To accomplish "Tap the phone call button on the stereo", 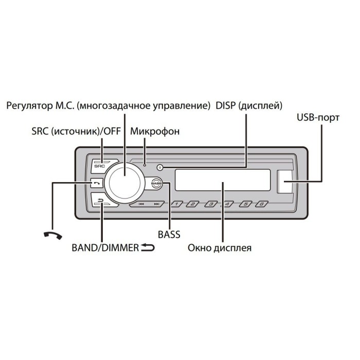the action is click(x=97, y=183).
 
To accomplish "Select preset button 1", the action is click(x=176, y=204).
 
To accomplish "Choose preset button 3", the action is click(x=211, y=204).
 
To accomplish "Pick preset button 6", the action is click(x=262, y=204).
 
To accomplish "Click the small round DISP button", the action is click(x=160, y=167).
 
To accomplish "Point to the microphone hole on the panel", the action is click(x=145, y=165).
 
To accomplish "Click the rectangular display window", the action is click(x=223, y=180).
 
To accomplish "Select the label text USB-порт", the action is click(x=318, y=118).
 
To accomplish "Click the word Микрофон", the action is click(x=155, y=131).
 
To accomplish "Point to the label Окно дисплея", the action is click(x=220, y=248).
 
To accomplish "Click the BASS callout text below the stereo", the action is click(x=169, y=235).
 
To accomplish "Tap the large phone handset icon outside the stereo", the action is click(x=53, y=236).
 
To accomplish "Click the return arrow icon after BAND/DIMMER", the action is click(x=148, y=247).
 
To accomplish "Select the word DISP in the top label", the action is click(x=226, y=105).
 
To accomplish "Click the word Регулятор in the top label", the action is click(x=29, y=106).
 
